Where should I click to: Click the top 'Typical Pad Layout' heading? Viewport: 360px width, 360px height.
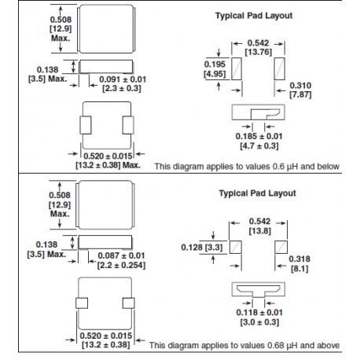click(254, 16)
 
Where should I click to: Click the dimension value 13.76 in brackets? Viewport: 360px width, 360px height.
click(259, 52)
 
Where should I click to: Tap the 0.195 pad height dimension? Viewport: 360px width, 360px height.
click(215, 64)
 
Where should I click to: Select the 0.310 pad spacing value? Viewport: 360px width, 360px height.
click(300, 86)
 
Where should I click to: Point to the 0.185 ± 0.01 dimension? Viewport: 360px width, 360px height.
click(259, 136)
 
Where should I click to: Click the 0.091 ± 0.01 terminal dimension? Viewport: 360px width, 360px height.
click(123, 79)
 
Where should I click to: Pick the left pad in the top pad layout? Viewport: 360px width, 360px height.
click(237, 68)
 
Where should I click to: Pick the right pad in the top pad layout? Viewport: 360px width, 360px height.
click(279, 68)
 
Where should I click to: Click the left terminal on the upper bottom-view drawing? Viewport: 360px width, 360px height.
click(86, 125)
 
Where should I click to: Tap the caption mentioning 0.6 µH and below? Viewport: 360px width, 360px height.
click(247, 167)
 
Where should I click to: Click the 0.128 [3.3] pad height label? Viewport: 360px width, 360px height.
click(202, 247)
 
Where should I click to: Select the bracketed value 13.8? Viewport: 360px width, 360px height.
click(259, 231)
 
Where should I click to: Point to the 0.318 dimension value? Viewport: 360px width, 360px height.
click(299, 259)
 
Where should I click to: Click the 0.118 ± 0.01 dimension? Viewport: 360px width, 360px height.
click(259, 312)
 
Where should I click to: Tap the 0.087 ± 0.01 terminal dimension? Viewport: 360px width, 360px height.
click(121, 255)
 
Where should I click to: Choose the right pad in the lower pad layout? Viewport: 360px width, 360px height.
click(281, 248)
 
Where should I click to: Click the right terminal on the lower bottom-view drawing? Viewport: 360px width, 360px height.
click(128, 303)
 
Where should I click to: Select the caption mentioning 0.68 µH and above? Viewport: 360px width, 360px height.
click(244, 345)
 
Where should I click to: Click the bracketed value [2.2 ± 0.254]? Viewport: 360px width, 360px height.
click(121, 265)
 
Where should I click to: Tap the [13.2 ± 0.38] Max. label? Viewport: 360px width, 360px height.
click(108, 165)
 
